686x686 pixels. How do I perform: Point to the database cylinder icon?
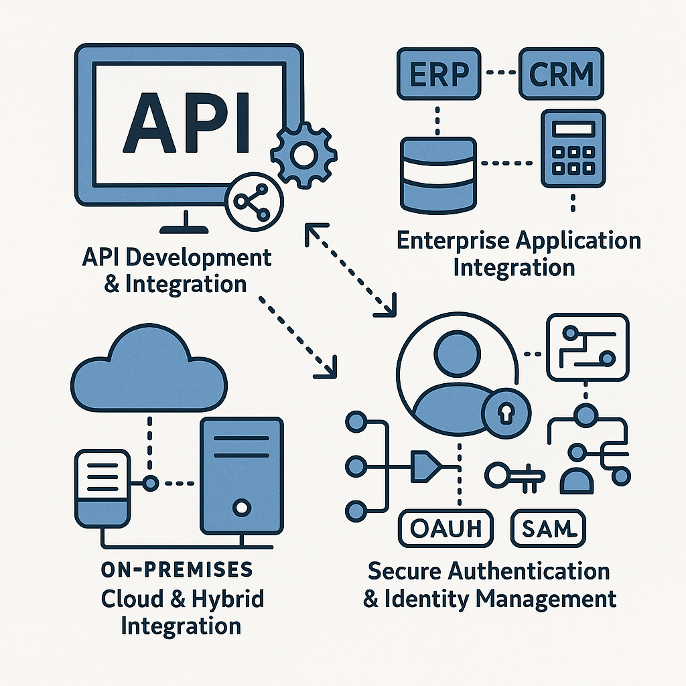(438, 172)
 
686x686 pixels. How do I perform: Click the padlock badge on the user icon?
(504, 413)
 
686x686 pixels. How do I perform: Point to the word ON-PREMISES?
(177, 569)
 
